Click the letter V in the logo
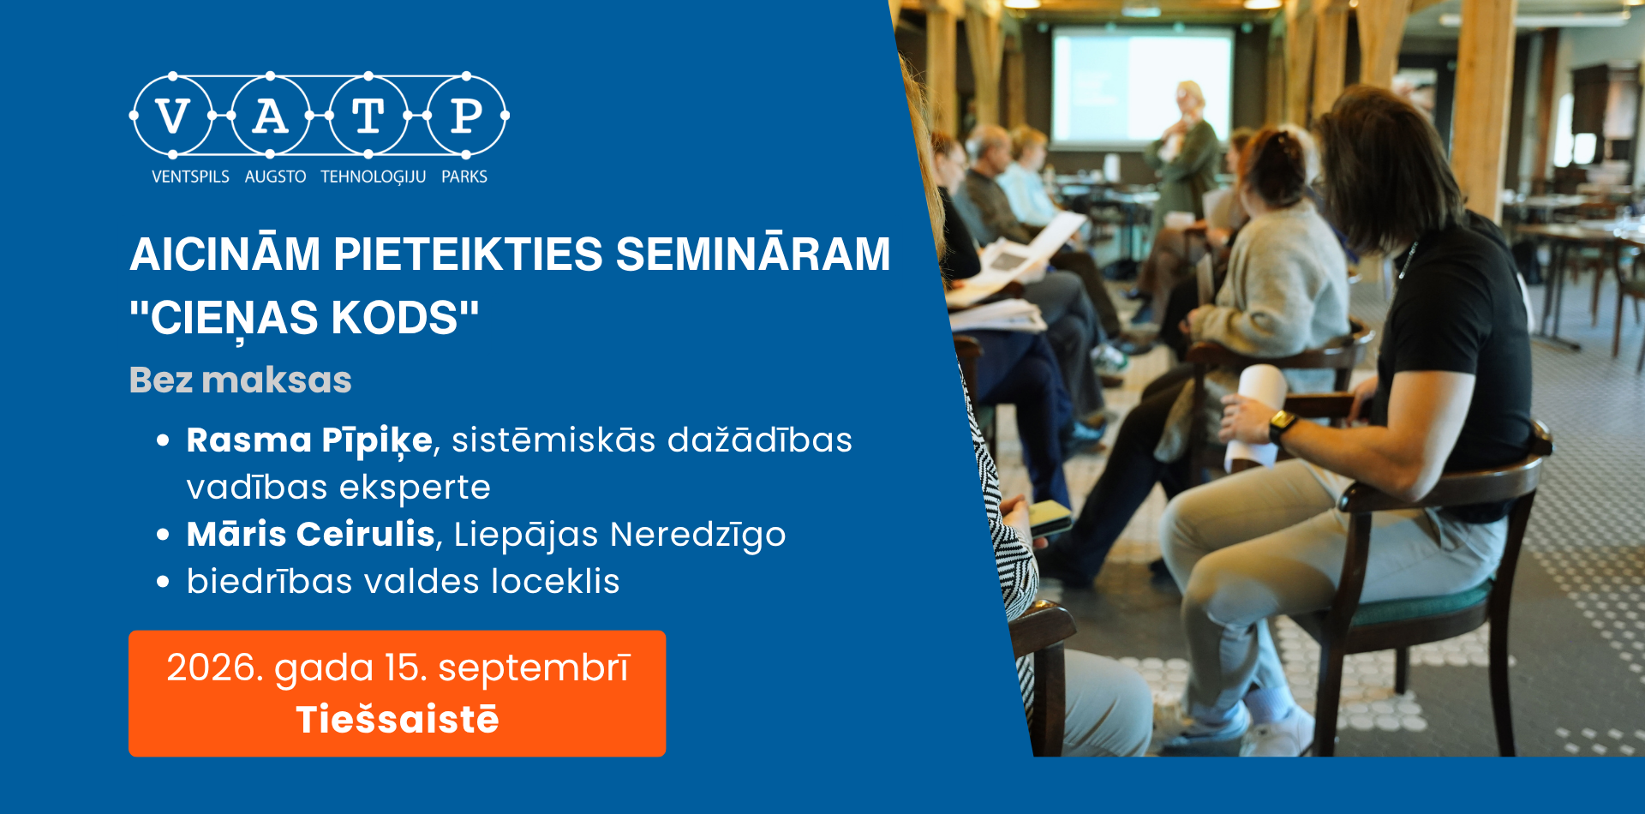[173, 116]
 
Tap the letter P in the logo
[467, 116]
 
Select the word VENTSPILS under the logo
[190, 177]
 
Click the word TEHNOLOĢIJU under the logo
[373, 177]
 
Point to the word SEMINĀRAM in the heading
[753, 254]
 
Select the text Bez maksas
[240, 380]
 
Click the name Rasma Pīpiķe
[309, 440]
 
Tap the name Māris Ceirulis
[311, 534]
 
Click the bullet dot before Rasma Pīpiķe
[163, 441]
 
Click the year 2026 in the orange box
[215, 667]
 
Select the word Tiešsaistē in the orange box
[397, 719]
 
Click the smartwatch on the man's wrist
[1282, 426]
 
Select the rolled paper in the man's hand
[1256, 416]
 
